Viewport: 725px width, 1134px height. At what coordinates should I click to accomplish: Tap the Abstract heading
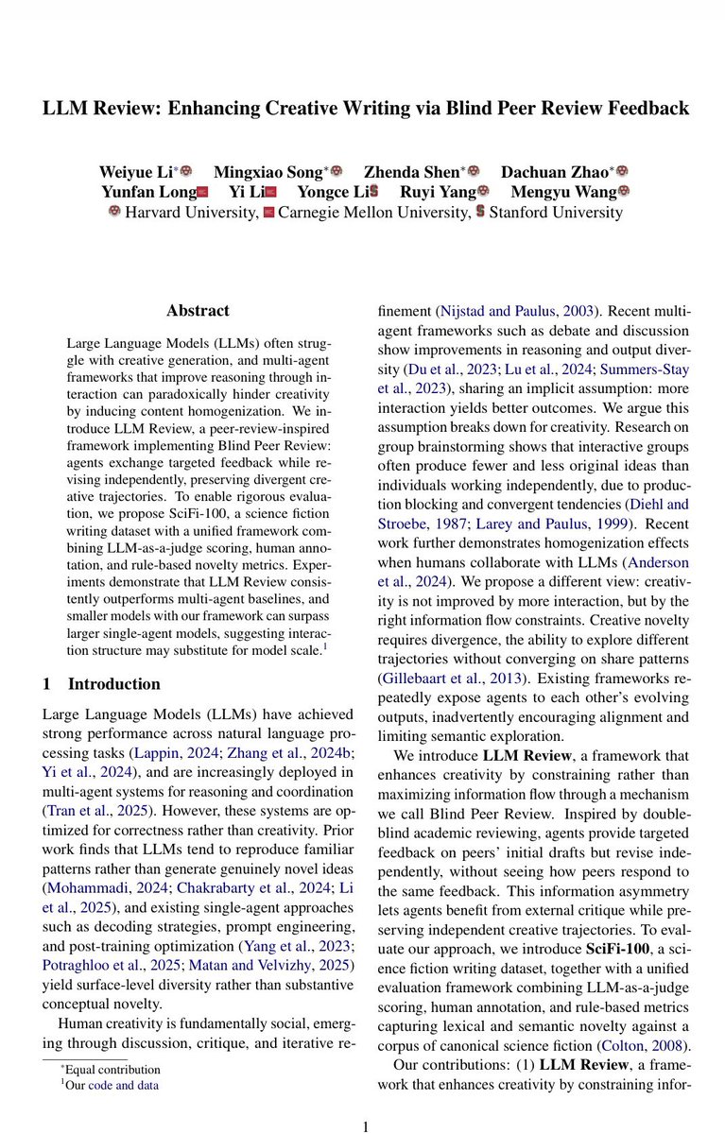(x=197, y=310)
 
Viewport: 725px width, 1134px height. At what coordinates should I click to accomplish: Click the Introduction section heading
(x=113, y=683)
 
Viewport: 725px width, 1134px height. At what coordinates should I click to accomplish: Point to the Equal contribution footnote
(x=110, y=1069)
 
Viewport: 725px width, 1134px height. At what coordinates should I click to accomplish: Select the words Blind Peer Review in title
(x=533, y=108)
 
